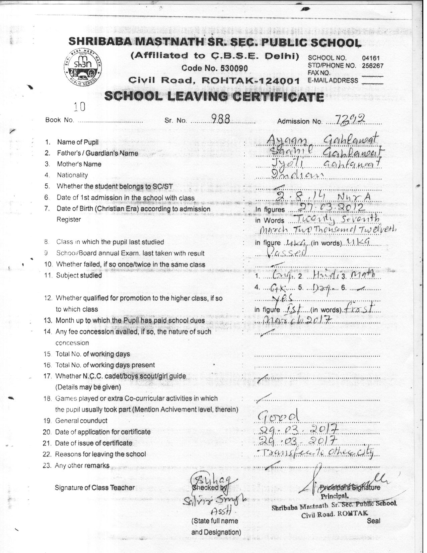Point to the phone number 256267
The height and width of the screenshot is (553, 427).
(x=372, y=66)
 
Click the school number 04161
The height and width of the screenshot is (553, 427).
(x=371, y=58)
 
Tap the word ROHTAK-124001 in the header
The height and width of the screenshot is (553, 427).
(x=254, y=80)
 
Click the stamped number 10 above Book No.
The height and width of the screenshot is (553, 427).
(x=80, y=107)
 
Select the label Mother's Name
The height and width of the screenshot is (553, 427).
(x=79, y=164)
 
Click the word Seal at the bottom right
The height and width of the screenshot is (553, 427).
(x=373, y=521)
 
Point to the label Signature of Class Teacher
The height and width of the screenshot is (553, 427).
(x=95, y=488)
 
